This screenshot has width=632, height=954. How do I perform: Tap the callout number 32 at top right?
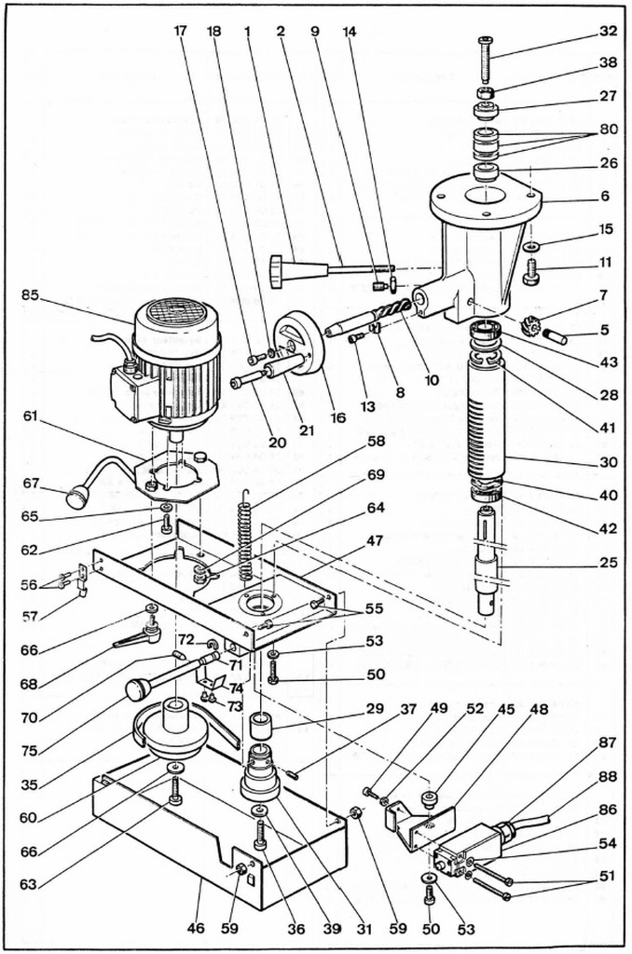pyautogui.click(x=608, y=32)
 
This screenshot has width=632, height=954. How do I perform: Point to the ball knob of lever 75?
pyautogui.click(x=139, y=689)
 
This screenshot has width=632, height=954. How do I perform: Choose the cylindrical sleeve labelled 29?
pyautogui.click(x=260, y=724)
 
